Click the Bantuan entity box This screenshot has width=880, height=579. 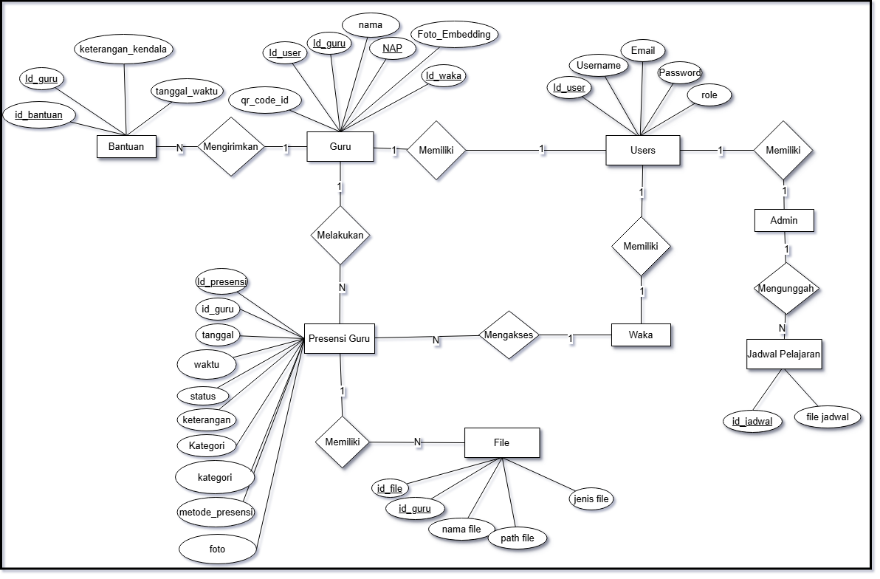tap(126, 147)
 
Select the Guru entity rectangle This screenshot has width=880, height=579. tap(340, 146)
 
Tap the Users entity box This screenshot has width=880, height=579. tap(642, 150)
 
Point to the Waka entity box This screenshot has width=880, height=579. tap(641, 335)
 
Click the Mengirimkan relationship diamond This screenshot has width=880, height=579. tap(230, 147)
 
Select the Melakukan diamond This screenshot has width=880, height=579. tap(340, 236)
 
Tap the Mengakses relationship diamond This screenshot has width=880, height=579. tap(509, 335)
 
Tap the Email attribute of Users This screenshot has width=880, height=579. tap(643, 51)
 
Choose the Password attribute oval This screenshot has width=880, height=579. tap(679, 73)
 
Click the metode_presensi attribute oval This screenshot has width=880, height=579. tap(216, 512)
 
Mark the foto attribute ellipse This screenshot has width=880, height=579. tap(217, 549)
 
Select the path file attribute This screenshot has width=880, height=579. tap(518, 538)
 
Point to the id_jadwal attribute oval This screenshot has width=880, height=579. tap(752, 422)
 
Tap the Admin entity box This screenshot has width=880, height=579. tap(783, 220)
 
